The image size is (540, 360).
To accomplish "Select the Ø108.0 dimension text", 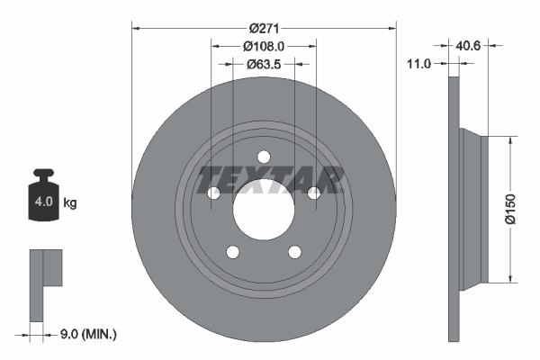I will click(x=264, y=46).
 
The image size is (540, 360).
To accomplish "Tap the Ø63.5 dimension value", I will click(x=264, y=64).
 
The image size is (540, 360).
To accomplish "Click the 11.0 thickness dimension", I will click(x=420, y=63).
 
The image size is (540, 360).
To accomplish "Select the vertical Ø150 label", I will click(x=510, y=207).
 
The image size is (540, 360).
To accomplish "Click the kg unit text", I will click(x=70, y=203).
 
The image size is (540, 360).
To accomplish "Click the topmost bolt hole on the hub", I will click(x=264, y=157).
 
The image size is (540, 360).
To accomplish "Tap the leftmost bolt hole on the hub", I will click(x=214, y=193).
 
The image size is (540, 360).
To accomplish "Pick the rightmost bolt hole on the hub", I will click(x=313, y=193).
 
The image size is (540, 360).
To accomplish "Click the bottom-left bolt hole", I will click(x=233, y=252).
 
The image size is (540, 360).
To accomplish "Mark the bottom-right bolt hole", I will click(x=294, y=252).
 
